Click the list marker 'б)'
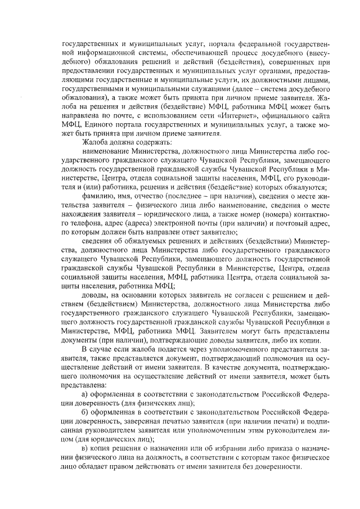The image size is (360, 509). [x=85, y=413]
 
